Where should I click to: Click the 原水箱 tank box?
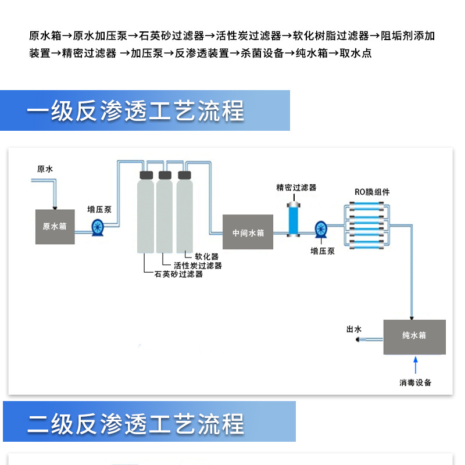coord(55,226)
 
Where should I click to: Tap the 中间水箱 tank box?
coord(248,233)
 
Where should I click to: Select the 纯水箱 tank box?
coord(414,337)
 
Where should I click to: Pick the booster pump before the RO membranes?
coord(321,229)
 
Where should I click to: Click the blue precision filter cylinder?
coord(295,217)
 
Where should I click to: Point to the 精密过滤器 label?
coord(296,188)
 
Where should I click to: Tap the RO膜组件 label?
coord(372,192)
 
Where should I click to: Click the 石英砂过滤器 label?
coord(179,274)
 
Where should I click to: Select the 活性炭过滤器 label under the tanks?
coord(198,266)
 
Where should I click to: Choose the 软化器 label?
coord(206,256)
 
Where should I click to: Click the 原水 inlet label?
coord(45,170)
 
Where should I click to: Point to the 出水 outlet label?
coord(354,330)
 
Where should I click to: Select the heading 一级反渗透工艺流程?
coord(135,111)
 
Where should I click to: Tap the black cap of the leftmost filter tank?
coord(146,174)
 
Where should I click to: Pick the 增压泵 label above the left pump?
coord(99,209)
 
